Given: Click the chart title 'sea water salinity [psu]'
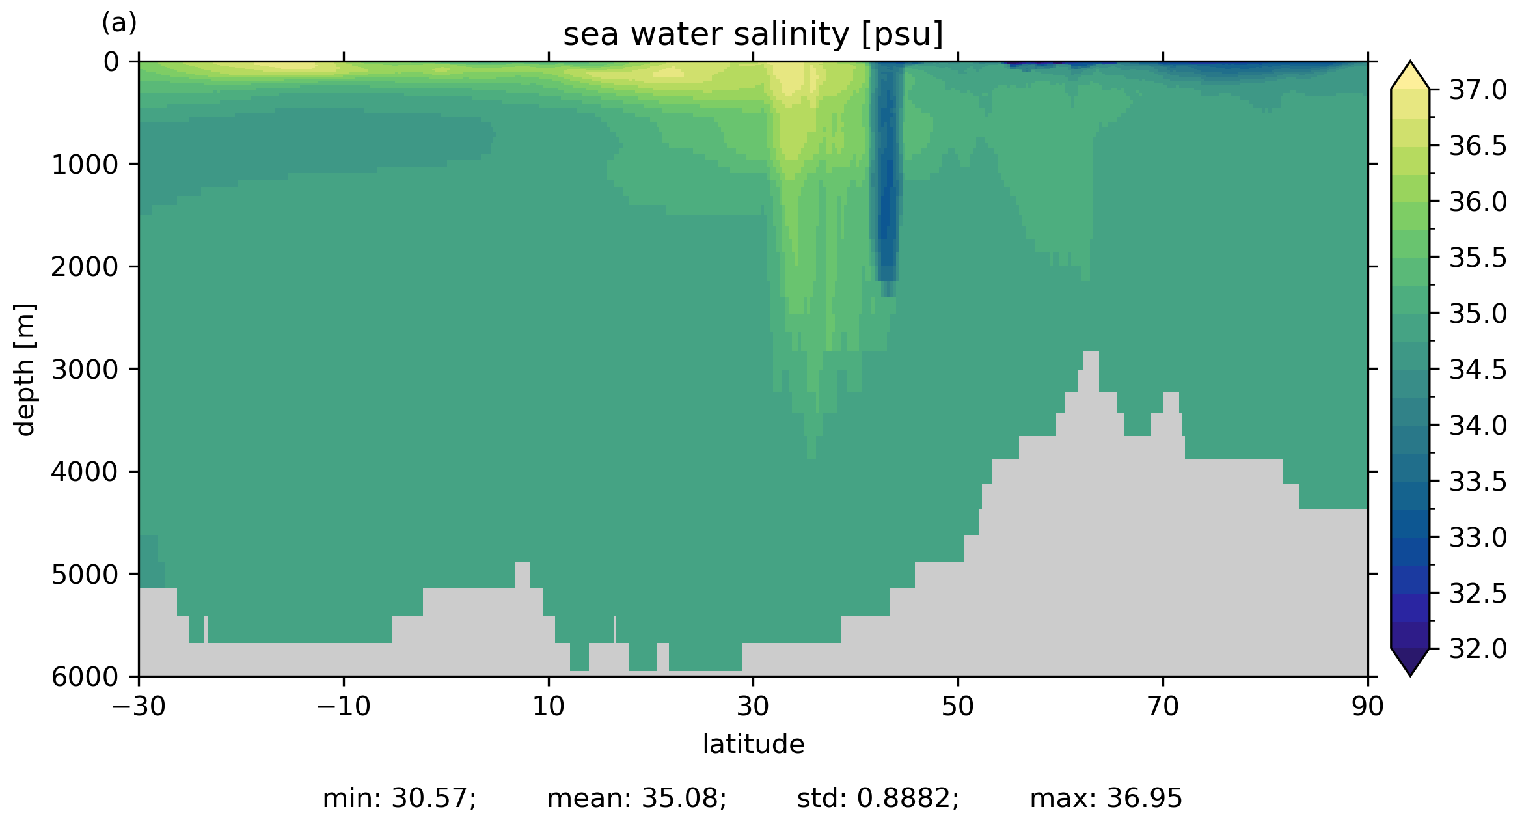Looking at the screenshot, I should [x=753, y=34].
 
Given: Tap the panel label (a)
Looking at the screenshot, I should [x=119, y=23].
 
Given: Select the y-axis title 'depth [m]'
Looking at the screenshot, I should [x=25, y=369].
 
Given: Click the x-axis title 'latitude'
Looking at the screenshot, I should [x=753, y=744].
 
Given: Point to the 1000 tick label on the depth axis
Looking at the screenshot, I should [x=85, y=165].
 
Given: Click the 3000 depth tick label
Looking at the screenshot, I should [x=85, y=370].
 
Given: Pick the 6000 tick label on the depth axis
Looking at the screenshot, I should [x=85, y=677].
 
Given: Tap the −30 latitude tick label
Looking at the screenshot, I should [x=139, y=706].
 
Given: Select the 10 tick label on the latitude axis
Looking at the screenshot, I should [x=548, y=706].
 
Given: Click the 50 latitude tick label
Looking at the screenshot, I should [x=958, y=706].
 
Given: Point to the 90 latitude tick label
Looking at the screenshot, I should [x=1367, y=706].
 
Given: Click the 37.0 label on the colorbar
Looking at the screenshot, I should [x=1478, y=90].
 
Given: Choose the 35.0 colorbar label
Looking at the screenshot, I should [x=1478, y=314].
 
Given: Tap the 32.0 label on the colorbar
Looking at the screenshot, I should [x=1478, y=649].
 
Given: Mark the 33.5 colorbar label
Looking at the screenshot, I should [x=1478, y=482].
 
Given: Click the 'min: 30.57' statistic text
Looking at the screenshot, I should [x=400, y=798].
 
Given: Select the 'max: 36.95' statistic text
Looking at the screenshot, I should [x=1106, y=798].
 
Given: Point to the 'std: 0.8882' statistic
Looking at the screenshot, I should [x=878, y=798].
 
